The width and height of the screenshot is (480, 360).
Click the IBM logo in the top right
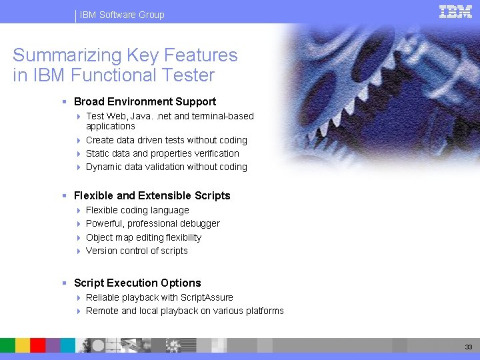pyautogui.click(x=455, y=11)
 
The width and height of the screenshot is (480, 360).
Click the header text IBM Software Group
pyautogui.click(x=122, y=15)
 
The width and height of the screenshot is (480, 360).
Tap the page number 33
pyautogui.click(x=469, y=347)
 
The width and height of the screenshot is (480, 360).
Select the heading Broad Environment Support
pyautogui.click(x=145, y=102)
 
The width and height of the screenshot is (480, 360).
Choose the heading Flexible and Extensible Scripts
pyautogui.click(x=152, y=196)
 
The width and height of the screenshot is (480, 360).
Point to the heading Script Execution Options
pyautogui.click(x=137, y=283)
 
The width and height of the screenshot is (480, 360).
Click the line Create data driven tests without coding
pyautogui.click(x=166, y=140)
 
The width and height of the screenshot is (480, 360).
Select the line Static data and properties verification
pyautogui.click(x=162, y=153)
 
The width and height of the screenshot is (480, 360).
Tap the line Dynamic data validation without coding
pyautogui.click(x=166, y=167)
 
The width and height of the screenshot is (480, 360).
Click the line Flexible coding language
pyautogui.click(x=137, y=210)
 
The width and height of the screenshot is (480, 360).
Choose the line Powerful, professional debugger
pyautogui.click(x=153, y=223)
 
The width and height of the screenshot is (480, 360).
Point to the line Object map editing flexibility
pyautogui.click(x=143, y=237)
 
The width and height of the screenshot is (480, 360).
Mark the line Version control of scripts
pyautogui.click(x=137, y=251)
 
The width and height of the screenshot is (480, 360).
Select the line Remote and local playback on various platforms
pyautogui.click(x=185, y=311)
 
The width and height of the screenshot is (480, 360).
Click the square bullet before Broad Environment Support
pyautogui.click(x=64, y=102)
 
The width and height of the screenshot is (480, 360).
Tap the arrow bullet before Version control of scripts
pyautogui.click(x=79, y=251)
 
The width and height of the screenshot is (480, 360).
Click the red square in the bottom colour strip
pyautogui.click(x=38, y=345)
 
